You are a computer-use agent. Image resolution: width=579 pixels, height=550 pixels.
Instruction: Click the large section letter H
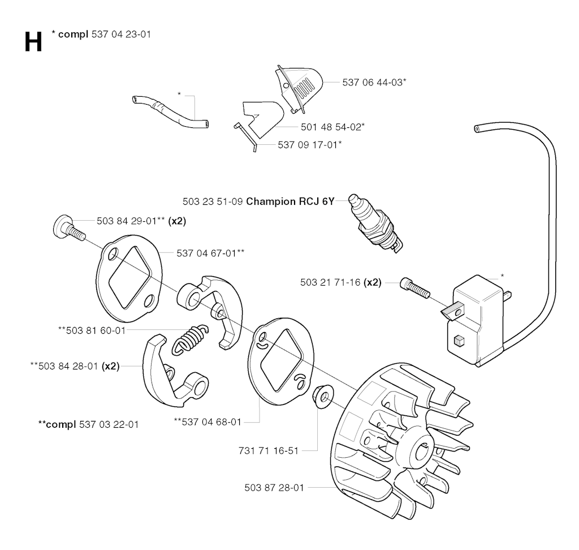pyautogui.click(x=33, y=42)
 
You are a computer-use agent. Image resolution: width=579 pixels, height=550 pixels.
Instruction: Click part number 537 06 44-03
pyautogui.click(x=374, y=82)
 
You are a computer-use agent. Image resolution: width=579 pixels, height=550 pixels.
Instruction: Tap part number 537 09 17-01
pyautogui.click(x=309, y=145)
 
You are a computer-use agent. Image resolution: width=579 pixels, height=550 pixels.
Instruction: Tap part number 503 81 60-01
pyautogui.click(x=92, y=330)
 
